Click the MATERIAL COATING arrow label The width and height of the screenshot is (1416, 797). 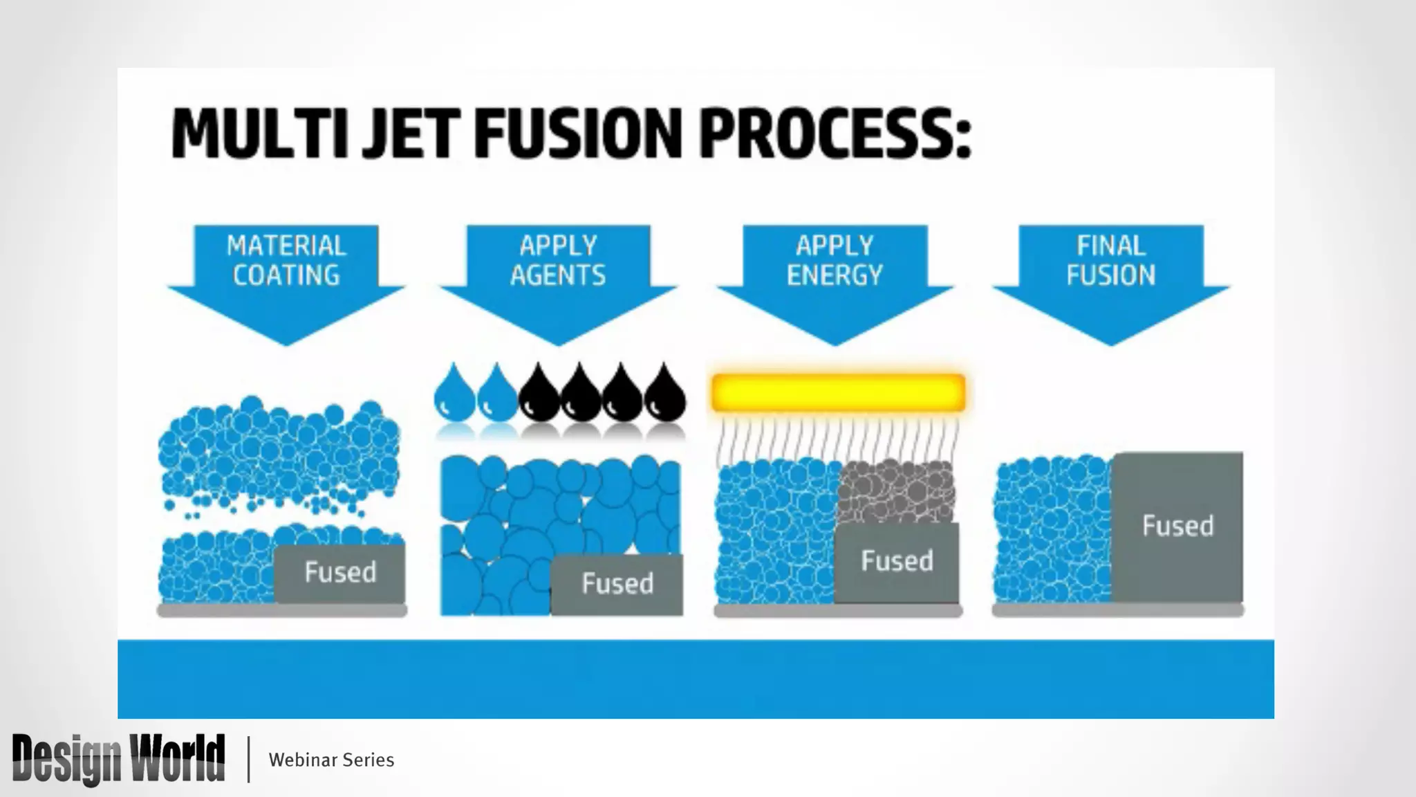(x=286, y=261)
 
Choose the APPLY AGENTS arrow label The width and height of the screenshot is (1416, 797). (x=558, y=261)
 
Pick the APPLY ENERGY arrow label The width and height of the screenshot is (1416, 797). (x=835, y=261)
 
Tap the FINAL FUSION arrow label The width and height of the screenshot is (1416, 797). (x=1110, y=261)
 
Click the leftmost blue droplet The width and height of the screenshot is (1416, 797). (x=454, y=394)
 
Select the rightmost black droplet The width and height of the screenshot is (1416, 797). (x=665, y=394)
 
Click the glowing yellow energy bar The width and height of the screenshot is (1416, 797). (x=838, y=392)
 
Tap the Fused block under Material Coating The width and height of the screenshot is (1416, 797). (x=339, y=573)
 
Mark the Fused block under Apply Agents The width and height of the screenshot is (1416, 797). (x=617, y=584)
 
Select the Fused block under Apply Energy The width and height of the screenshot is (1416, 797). (x=897, y=561)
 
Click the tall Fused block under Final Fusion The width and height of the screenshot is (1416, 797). (x=1177, y=526)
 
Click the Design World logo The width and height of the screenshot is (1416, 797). (x=118, y=759)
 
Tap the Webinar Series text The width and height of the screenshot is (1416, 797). (x=331, y=760)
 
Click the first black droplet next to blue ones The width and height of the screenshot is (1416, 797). (x=539, y=394)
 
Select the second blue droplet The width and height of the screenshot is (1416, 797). (x=497, y=394)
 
